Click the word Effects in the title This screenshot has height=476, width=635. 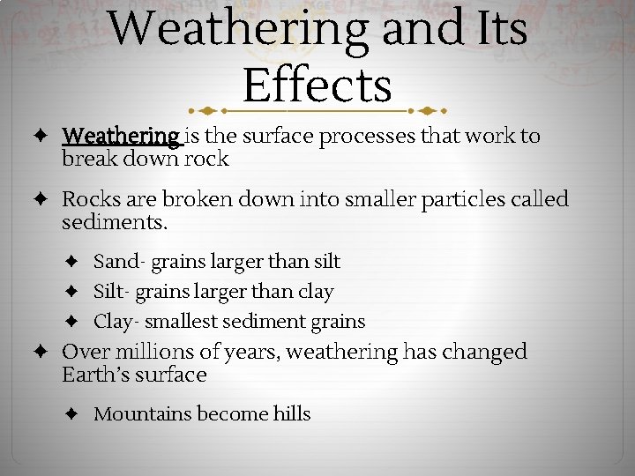[x=317, y=86]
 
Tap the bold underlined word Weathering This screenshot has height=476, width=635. [x=121, y=137]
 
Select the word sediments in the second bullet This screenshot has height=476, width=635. [x=113, y=223]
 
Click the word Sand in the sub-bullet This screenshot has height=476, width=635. [x=116, y=262]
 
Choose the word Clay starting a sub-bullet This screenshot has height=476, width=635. [x=113, y=322]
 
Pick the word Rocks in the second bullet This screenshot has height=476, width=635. [x=86, y=200]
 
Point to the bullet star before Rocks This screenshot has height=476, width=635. [x=42, y=200]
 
